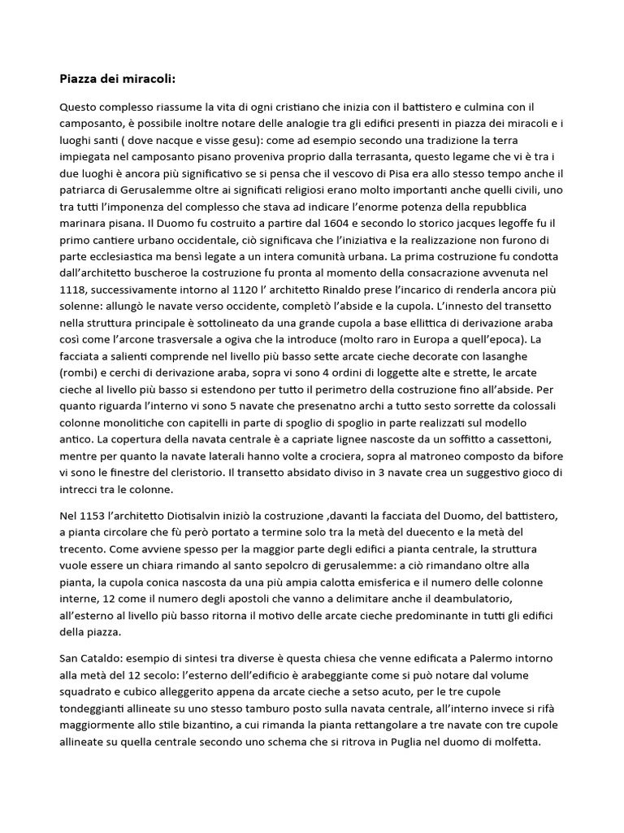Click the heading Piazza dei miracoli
[x=117, y=79]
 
